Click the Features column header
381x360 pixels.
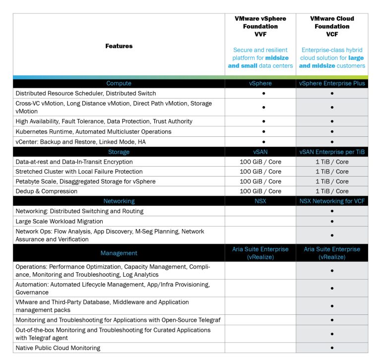pyautogui.click(x=119, y=46)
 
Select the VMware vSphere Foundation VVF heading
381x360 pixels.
pyautogui.click(x=260, y=26)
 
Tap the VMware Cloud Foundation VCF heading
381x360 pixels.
pyautogui.click(x=332, y=26)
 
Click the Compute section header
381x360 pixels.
pyautogui.click(x=119, y=83)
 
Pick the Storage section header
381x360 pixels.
pyautogui.click(x=119, y=152)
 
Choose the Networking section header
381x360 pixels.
pyautogui.click(x=119, y=201)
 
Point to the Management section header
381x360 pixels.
pyautogui.click(x=119, y=253)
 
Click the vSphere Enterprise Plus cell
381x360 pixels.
pyautogui.click(x=332, y=83)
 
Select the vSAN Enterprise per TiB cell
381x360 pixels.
pyautogui.click(x=332, y=152)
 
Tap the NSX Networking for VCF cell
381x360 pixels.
pyautogui.click(x=332, y=201)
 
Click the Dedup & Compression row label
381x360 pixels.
pyautogui.click(x=47, y=191)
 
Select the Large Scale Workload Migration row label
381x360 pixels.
pyautogui.click(x=59, y=221)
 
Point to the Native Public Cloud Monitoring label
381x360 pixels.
pyautogui.click(x=58, y=348)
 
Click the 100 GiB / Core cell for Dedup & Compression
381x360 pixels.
pyautogui.click(x=260, y=191)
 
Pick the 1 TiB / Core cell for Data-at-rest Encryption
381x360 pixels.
pyautogui.click(x=332, y=162)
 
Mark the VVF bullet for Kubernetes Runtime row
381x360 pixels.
pyautogui.click(x=263, y=132)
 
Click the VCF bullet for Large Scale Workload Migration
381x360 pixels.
pyautogui.click(x=332, y=221)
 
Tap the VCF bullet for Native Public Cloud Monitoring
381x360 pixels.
pyautogui.click(x=332, y=348)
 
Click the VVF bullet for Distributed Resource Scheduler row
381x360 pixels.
pyautogui.click(x=263, y=93)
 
